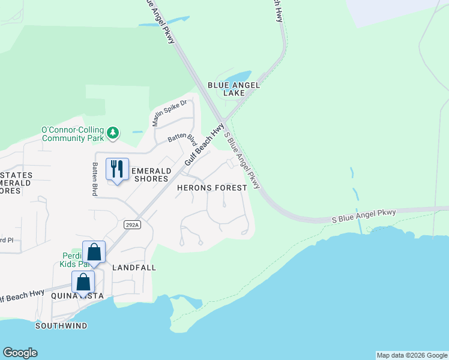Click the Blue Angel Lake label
pyautogui.click(x=234, y=89)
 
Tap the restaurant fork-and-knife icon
pyautogui.click(x=117, y=169)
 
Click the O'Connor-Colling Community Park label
pyautogui.click(x=72, y=134)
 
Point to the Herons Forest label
pyautogui.click(x=212, y=188)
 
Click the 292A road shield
pyautogui.click(x=133, y=224)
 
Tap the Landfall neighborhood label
pyautogui.click(x=134, y=268)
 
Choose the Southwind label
pyautogui.click(x=61, y=326)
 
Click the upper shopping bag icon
pyautogui.click(x=94, y=251)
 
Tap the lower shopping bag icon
pyautogui.click(x=83, y=281)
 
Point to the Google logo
pyautogui.click(x=20, y=353)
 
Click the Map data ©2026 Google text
pyautogui.click(x=412, y=355)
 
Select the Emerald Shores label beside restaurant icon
pyautogui.click(x=148, y=174)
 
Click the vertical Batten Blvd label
pyautogui.click(x=95, y=178)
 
